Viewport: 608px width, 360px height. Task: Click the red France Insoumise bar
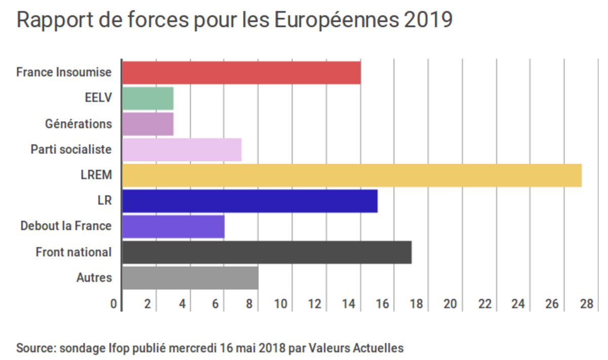[x=241, y=72]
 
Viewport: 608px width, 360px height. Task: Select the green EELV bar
[x=148, y=98]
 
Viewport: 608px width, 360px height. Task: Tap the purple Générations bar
[x=148, y=124]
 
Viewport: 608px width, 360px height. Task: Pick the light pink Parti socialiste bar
[x=182, y=150]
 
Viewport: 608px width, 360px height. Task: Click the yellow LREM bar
[x=352, y=175]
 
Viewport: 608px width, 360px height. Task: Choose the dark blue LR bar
[x=250, y=201]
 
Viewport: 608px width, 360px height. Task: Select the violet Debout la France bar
[x=173, y=227]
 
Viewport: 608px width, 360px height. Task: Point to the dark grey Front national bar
[x=267, y=253]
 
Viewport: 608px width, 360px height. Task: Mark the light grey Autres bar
[x=190, y=278]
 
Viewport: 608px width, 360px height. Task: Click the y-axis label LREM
[x=96, y=175]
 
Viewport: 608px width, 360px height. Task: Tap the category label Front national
[x=73, y=252]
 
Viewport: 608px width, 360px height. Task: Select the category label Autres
[x=94, y=278]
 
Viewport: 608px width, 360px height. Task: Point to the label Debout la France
[x=66, y=226]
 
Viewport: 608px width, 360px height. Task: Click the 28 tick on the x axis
[x=587, y=304]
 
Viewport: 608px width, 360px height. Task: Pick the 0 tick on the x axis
[x=114, y=304]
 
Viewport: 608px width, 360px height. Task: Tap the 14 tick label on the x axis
[x=348, y=304]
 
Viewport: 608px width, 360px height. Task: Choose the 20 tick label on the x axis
[x=450, y=304]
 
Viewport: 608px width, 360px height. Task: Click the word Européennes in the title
[x=336, y=21]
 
